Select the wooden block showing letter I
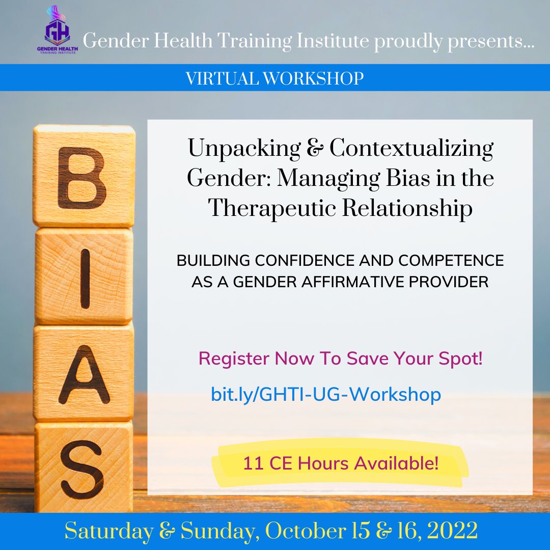[84, 276]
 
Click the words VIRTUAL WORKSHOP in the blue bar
[274, 78]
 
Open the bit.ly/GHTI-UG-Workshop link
[326, 395]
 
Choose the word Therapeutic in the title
[276, 209]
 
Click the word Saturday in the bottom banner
[108, 531]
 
